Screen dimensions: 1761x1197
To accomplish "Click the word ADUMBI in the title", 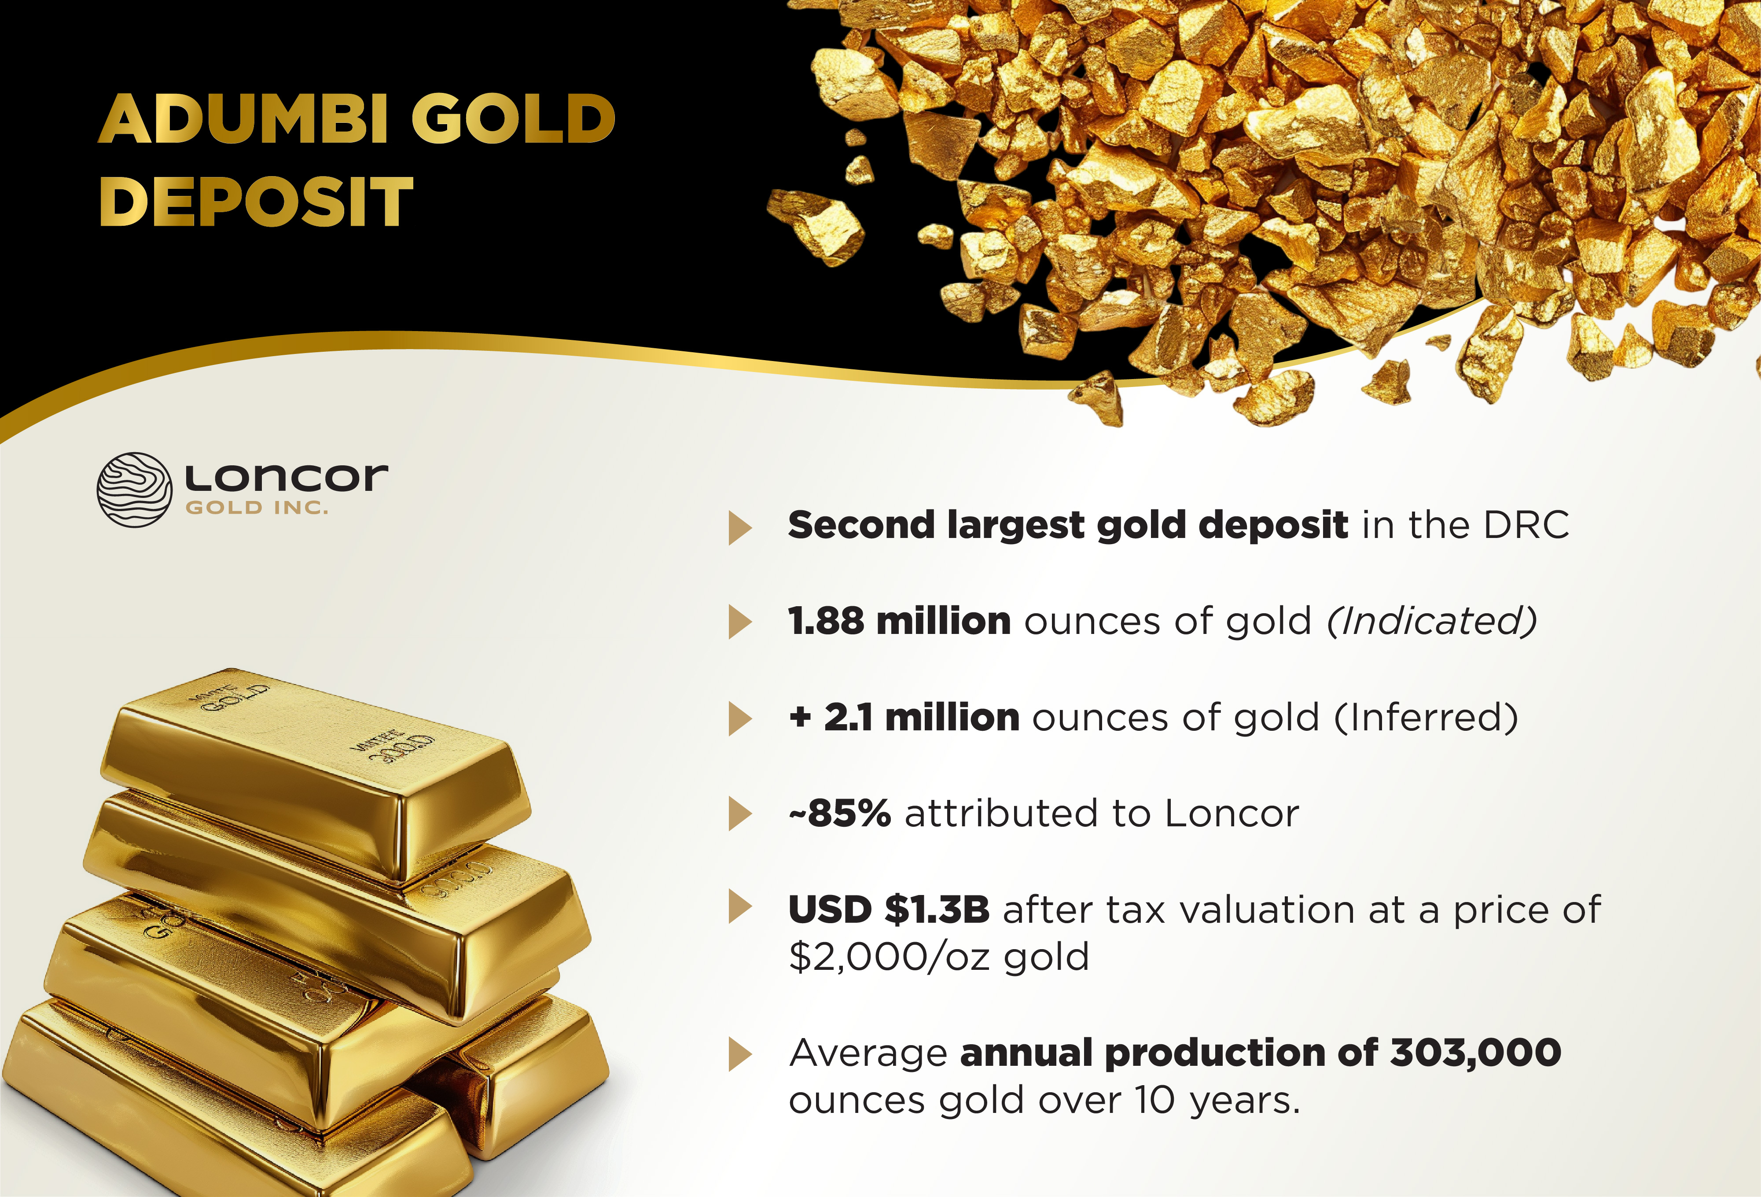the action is pos(243,119).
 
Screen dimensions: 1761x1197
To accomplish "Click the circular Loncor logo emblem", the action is pos(134,490).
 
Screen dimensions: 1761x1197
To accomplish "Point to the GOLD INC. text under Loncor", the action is pos(257,508).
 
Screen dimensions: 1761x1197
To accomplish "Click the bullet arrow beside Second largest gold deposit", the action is pos(739,527).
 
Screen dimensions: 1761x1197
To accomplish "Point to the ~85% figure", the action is pos(840,814).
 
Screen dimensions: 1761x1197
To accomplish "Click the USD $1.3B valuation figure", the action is pos(889,910).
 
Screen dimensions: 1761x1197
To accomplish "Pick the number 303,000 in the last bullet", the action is pos(1476,1053).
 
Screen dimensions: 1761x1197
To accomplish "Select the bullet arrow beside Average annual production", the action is pos(739,1054).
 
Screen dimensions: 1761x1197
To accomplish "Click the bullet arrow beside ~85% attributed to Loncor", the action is pos(739,814).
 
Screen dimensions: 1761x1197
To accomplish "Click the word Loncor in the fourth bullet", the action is pos(1232,814).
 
